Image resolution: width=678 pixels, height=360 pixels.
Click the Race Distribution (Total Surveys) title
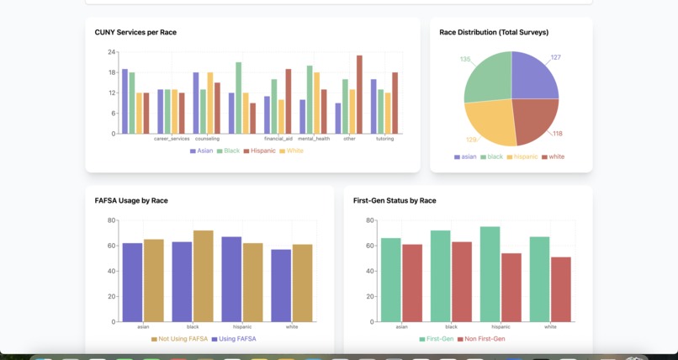(494, 32)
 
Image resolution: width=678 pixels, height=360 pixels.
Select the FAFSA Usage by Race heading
(137, 201)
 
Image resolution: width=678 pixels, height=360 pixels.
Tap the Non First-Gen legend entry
(485, 338)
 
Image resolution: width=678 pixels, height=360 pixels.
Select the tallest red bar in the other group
(359, 94)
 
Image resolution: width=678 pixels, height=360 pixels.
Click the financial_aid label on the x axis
(278, 139)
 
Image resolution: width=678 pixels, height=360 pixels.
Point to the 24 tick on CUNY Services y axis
(111, 52)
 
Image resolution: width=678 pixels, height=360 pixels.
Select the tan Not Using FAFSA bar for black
(204, 275)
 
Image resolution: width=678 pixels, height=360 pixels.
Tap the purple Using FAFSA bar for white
(280, 285)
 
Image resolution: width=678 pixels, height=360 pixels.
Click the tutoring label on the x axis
(384, 139)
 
